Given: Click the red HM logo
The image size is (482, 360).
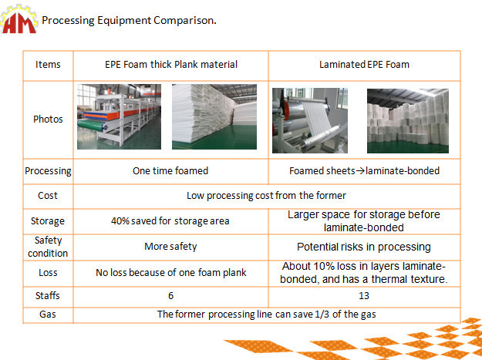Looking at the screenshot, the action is point(19,19).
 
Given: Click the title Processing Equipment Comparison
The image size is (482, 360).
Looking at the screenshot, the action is point(129,20).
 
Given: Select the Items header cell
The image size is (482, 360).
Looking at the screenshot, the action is point(48,65).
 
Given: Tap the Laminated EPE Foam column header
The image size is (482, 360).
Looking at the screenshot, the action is point(364,65).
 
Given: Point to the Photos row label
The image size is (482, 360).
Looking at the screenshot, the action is point(48,119).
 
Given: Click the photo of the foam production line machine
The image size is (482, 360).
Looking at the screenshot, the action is point(119,116).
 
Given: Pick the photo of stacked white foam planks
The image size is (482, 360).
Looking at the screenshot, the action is point(214,116).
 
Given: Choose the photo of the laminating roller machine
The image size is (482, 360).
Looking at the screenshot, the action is point(310,120).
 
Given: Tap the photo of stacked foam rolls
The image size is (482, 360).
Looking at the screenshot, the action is point(408,121).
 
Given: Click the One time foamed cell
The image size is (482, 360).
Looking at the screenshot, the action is point(170,171).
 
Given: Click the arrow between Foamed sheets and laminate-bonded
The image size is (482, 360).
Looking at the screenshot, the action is point(360,171).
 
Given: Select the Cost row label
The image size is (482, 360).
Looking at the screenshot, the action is point(48,196).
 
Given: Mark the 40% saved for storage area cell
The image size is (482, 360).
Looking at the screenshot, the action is point(170,221).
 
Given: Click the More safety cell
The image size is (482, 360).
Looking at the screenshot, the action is point(170,247).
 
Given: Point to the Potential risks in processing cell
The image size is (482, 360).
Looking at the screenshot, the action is point(364,247).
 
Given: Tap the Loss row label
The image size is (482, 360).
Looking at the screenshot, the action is point(48,273).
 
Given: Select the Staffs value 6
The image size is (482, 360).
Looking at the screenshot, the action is point(171,296).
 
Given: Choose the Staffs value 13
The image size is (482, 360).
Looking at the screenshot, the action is point(364,296).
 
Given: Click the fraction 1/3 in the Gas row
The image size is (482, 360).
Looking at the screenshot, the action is point(322,315).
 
